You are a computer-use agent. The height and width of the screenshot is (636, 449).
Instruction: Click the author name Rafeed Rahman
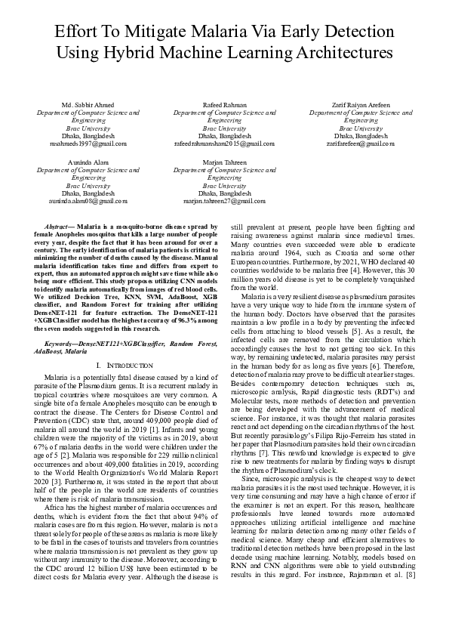224,103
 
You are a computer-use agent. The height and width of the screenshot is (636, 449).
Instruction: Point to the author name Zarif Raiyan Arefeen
360,103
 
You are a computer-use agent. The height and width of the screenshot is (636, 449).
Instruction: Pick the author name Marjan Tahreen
224,162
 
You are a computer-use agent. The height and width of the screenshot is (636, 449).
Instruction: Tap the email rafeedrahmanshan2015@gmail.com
224,143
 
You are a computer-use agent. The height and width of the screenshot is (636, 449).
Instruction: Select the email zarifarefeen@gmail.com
360,143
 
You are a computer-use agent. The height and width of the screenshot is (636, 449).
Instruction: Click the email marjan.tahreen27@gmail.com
224,202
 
